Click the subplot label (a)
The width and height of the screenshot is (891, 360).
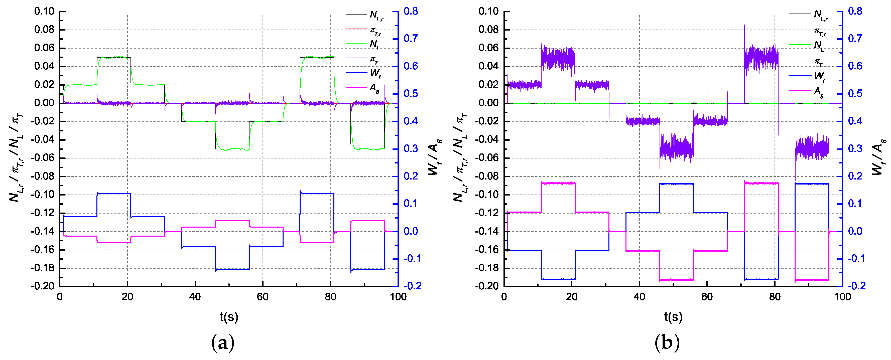[223, 343]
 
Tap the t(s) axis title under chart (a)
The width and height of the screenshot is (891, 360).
[229, 317]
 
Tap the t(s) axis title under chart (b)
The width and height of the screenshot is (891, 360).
[673, 317]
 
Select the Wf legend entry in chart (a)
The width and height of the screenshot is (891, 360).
[375, 73]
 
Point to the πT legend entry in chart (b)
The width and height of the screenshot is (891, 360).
[818, 62]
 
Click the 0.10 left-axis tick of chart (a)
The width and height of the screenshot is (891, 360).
[44, 12]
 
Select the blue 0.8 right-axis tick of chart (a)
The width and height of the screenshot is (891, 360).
[411, 12]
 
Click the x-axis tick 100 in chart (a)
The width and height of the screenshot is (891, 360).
[398, 297]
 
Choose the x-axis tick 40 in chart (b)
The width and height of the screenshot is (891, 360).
[639, 297]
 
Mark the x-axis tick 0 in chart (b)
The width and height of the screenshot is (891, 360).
[504, 297]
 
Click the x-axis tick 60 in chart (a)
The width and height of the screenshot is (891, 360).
[263, 297]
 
